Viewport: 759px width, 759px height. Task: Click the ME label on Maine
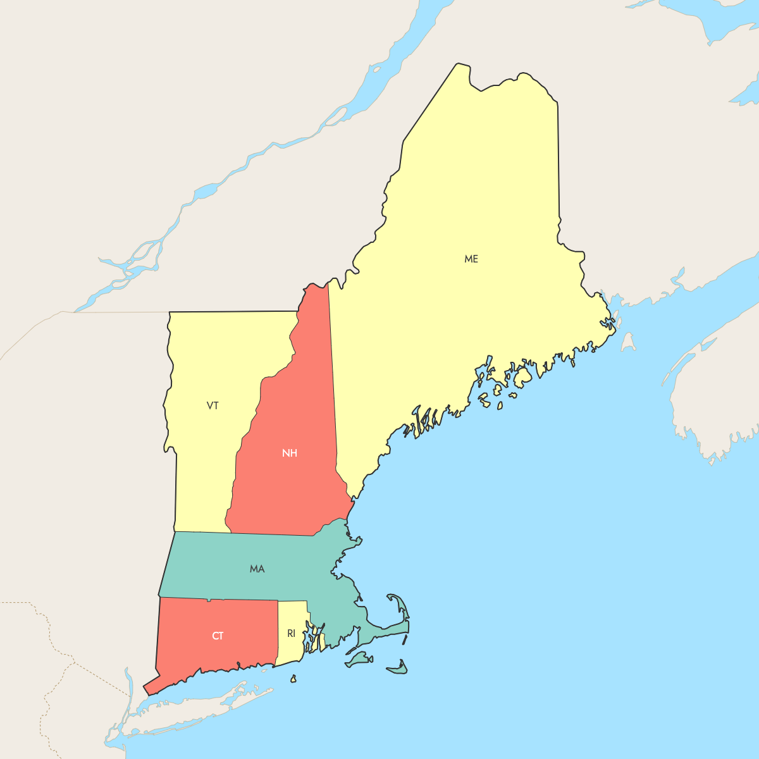click(x=471, y=259)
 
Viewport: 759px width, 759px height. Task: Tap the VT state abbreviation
click(x=213, y=405)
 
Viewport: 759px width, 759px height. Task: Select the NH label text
click(x=290, y=453)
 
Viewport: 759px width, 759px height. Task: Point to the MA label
click(x=257, y=569)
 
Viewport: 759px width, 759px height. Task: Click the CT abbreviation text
click(x=218, y=636)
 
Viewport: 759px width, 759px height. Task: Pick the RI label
click(x=291, y=633)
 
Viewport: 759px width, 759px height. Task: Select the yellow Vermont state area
click(x=202, y=468)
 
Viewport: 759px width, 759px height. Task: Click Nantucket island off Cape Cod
click(x=397, y=668)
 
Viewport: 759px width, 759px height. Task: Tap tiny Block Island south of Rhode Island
click(x=293, y=679)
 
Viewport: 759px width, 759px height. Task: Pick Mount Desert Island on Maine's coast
click(x=523, y=378)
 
